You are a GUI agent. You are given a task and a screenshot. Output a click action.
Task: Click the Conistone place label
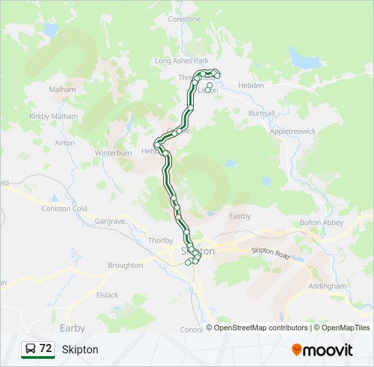pos(184,19)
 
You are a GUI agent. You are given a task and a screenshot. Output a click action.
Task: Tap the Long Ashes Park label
pos(181,60)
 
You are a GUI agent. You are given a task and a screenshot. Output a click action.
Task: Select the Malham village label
pos(62,89)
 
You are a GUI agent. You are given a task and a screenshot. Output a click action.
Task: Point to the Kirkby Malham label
pos(54,116)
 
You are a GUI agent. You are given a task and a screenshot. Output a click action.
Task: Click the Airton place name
pos(65,143)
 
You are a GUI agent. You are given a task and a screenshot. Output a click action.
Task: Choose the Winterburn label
pos(113,153)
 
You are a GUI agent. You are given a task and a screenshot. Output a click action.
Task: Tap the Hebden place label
pos(251,85)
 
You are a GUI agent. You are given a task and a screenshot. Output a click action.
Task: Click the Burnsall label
pos(261,113)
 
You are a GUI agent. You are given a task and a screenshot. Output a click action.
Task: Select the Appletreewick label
pos(293,131)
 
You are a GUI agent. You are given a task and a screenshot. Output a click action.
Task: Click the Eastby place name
pos(240,216)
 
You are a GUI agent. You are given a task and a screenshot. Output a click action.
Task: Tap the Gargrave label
pos(110,222)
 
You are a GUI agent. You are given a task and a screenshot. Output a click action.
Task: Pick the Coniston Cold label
pos(65,209)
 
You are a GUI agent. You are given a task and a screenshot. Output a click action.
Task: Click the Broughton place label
pos(125,265)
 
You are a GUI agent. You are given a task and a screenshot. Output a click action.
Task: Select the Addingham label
pos(327,286)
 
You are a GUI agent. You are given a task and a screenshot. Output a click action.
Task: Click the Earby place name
pos(73,328)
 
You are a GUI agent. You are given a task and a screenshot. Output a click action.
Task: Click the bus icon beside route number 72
pos(30,349)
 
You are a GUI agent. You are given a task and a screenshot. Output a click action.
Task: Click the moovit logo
pos(322,349)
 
